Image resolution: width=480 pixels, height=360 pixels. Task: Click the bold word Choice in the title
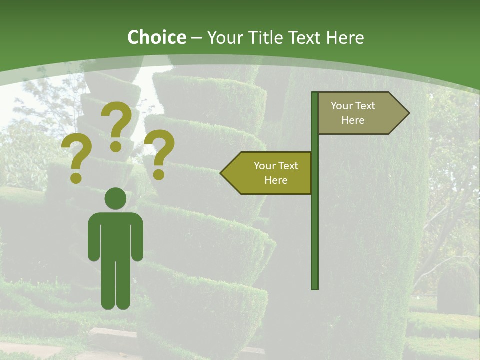click(x=156, y=37)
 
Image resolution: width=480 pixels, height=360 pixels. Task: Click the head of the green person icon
click(x=115, y=198)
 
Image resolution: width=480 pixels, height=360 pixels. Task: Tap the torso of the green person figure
click(x=115, y=235)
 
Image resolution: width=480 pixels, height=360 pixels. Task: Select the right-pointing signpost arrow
click(x=360, y=113)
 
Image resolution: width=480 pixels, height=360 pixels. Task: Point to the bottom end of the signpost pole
click(x=315, y=287)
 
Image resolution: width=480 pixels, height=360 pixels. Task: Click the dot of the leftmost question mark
click(x=76, y=178)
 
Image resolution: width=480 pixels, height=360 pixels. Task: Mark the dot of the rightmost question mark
click(x=159, y=175)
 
